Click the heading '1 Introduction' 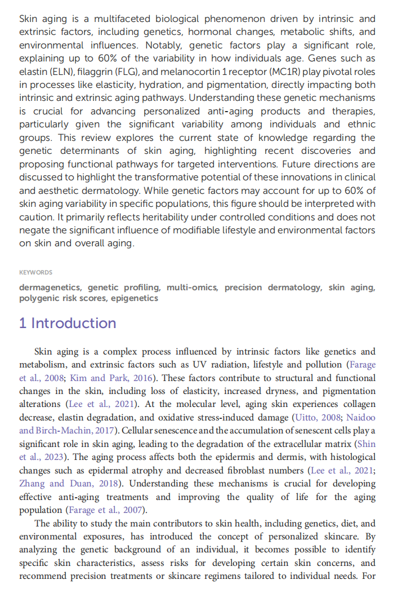point(68,323)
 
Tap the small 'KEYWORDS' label point(35,272)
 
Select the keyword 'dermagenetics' point(50,287)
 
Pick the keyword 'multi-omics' point(191,287)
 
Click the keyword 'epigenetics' point(135,298)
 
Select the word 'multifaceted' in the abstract point(122,19)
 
